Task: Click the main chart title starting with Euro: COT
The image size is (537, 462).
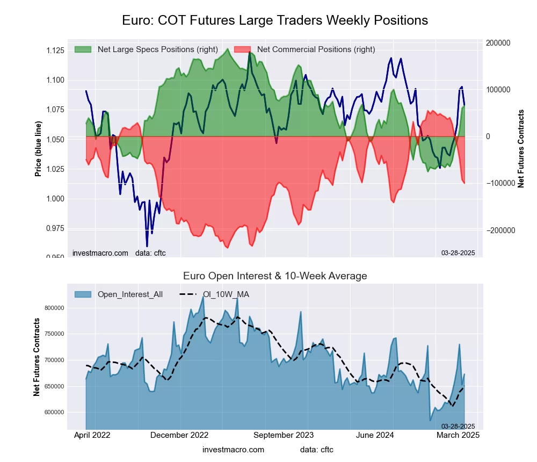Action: click(x=275, y=20)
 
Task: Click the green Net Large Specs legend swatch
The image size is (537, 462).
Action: click(x=83, y=49)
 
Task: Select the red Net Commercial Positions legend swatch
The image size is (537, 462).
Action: click(x=242, y=49)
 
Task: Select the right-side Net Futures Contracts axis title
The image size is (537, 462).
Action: click(x=520, y=148)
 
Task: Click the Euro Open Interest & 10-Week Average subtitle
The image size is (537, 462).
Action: click(x=275, y=276)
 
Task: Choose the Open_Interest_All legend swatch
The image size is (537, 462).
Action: click(x=83, y=294)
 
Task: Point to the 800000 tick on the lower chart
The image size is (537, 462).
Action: click(x=54, y=308)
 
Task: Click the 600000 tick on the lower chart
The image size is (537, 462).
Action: click(x=54, y=412)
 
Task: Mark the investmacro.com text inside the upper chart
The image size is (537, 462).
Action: click(x=100, y=253)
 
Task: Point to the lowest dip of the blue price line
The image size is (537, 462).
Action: click(x=147, y=246)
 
